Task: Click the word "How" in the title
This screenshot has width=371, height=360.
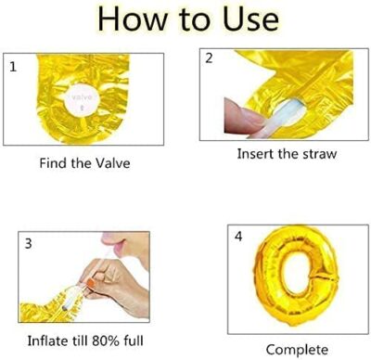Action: pos(131,19)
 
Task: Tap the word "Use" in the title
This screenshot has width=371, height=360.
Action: pos(250,19)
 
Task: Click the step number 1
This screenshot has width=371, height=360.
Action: pos(13,67)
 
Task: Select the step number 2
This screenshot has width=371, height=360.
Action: pos(209,58)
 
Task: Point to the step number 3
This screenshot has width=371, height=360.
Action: pos(28,244)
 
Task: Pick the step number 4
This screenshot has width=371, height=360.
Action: pos(238,237)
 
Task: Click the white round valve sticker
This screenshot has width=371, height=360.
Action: pos(82,99)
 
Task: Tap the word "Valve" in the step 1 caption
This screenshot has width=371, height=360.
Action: pos(112,163)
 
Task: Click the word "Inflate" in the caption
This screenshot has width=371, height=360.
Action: pos(47,341)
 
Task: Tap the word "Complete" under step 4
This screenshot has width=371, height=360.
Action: pos(297,350)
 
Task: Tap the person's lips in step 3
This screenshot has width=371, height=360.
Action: pos(112,243)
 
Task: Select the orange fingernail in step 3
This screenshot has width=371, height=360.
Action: pos(91,282)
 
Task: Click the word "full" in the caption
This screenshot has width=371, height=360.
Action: pos(134,341)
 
